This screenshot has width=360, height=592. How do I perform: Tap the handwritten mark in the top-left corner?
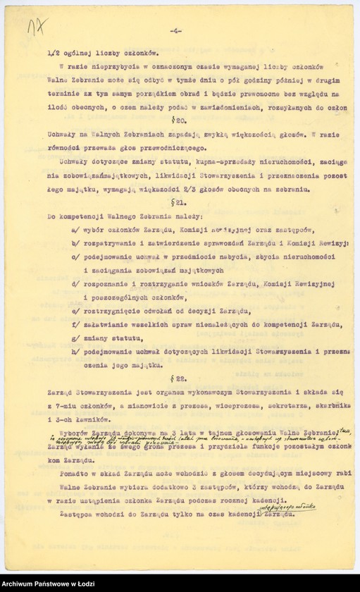[x=33, y=31]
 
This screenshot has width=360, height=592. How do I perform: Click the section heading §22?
[x=179, y=378]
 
